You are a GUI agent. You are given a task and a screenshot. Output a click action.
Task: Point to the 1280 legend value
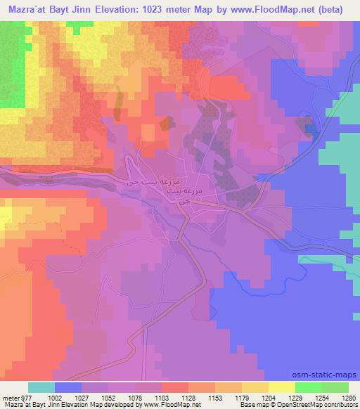(x=340, y=397)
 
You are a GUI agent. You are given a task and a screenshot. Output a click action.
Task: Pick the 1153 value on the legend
(x=205, y=397)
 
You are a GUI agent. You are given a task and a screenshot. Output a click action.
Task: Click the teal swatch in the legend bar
(x=42, y=387)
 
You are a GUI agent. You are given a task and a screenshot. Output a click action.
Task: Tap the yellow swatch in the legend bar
(x=281, y=387)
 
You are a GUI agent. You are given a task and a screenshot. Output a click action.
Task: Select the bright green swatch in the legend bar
(x=308, y=387)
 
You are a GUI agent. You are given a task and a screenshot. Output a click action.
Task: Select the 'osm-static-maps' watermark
(x=330, y=375)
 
